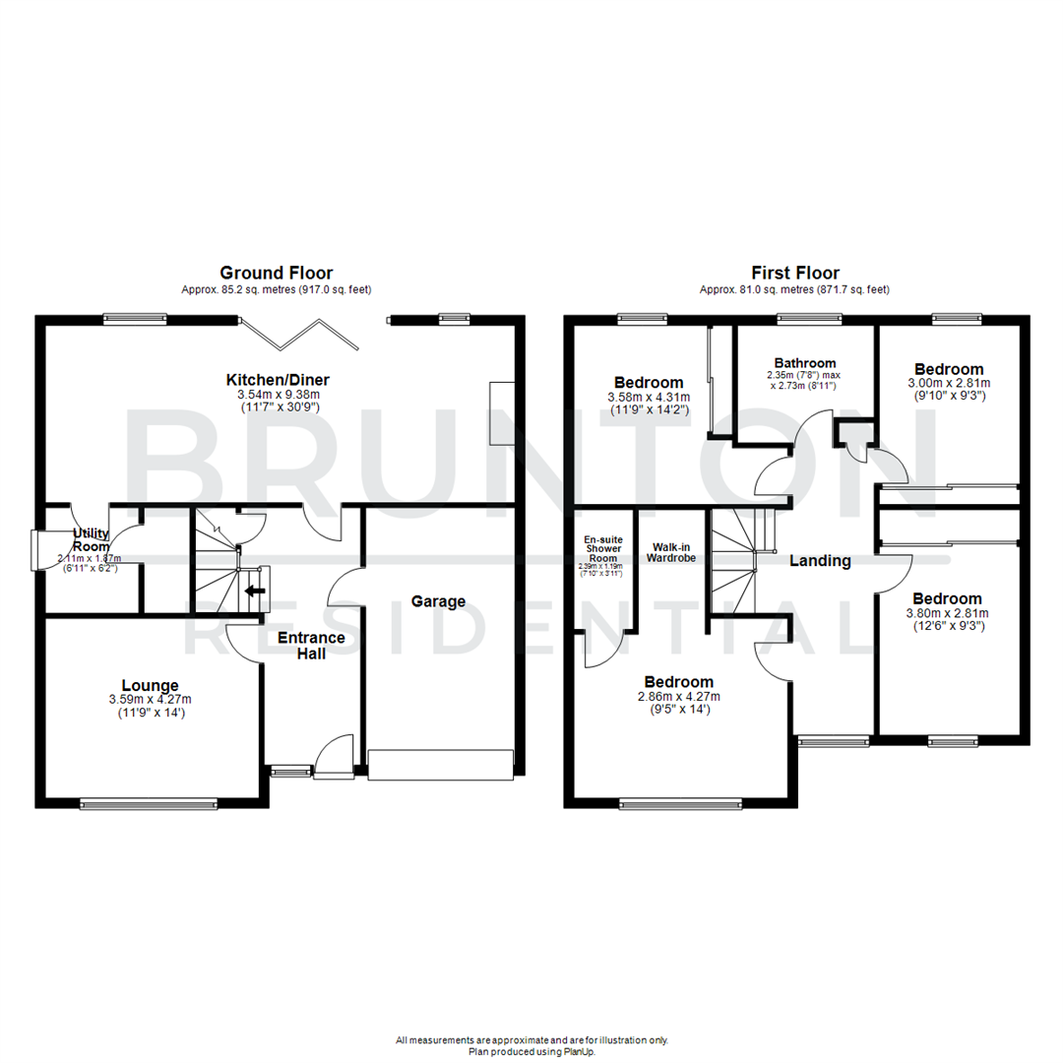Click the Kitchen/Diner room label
[278, 380]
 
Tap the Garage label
[438, 601]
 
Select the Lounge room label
[150, 685]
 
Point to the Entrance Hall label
[311, 645]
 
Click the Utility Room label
[92, 540]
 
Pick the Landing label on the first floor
[820, 560]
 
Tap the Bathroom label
[804, 363]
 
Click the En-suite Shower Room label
[602, 548]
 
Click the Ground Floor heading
[276, 273]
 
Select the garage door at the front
[441, 765]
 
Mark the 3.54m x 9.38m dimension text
[278, 394]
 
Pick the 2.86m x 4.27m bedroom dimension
[679, 696]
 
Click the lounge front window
[149, 803]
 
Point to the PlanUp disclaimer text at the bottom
[531, 1045]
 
